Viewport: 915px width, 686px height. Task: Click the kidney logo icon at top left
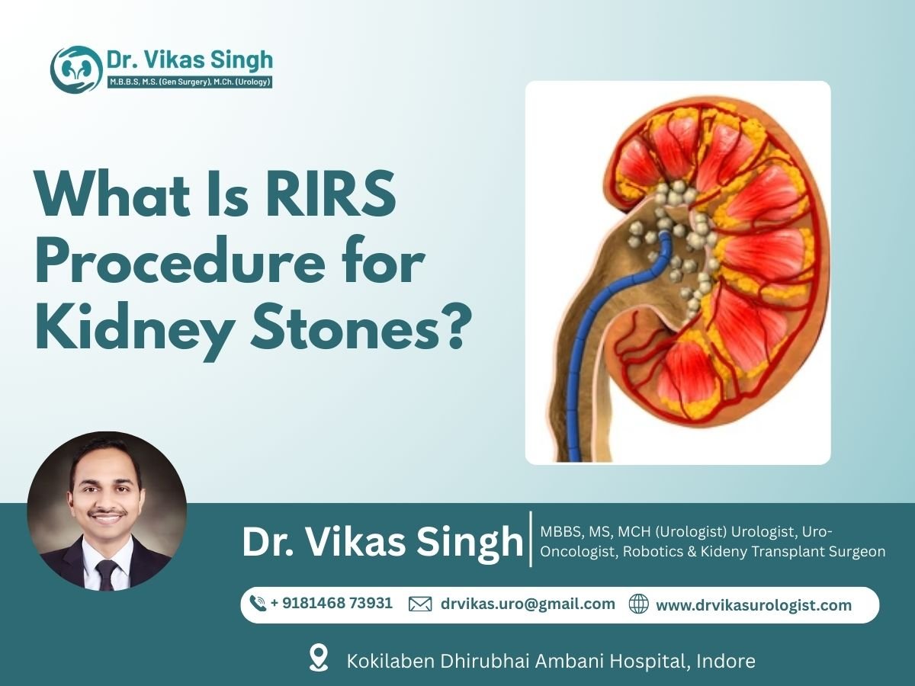pyautogui.click(x=75, y=69)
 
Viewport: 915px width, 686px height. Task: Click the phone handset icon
pyautogui.click(x=258, y=604)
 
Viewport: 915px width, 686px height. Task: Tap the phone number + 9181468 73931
pyautogui.click(x=331, y=604)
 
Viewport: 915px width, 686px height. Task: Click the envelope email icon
pyautogui.click(x=420, y=604)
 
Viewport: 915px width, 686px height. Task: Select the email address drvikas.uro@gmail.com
pyautogui.click(x=528, y=604)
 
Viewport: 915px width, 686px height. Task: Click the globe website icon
pyautogui.click(x=638, y=604)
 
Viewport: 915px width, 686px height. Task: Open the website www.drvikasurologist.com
pyautogui.click(x=753, y=605)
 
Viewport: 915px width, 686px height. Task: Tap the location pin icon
pyautogui.click(x=319, y=659)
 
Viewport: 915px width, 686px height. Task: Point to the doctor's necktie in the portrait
pyautogui.click(x=107, y=568)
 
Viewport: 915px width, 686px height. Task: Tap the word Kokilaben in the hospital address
pyautogui.click(x=395, y=660)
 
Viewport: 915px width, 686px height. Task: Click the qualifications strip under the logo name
pyautogui.click(x=190, y=82)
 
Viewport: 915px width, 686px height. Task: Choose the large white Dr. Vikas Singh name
pyautogui.click(x=382, y=541)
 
